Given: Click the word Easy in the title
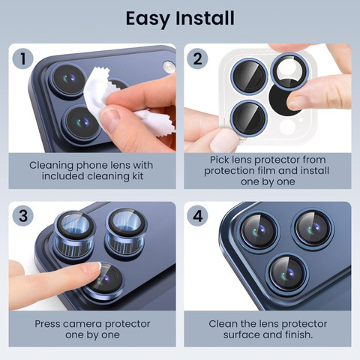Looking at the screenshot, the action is (148, 19).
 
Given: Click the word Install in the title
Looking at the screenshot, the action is (205, 18).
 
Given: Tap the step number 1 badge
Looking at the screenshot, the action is (23, 58).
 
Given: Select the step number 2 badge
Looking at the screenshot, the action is (197, 58).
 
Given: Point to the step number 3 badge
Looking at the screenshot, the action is (23, 216).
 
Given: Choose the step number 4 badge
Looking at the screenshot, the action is (197, 216).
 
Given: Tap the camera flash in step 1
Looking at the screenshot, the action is (169, 67).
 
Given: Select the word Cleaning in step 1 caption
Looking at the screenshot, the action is (51, 166).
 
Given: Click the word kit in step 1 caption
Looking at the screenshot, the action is (137, 176).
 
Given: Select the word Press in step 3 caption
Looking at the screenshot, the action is (47, 324).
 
